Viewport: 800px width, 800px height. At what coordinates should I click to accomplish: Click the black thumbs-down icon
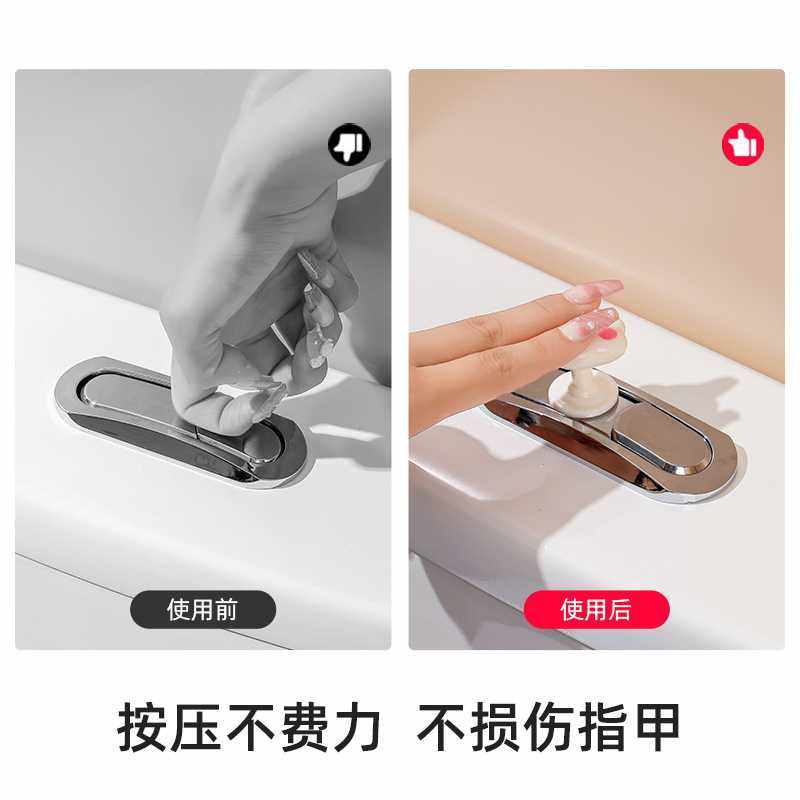(x=350, y=147)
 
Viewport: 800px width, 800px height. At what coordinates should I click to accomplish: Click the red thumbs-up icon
(x=743, y=146)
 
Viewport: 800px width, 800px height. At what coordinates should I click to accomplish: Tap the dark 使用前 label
(x=203, y=609)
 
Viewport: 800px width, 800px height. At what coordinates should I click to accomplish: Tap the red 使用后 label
(x=597, y=609)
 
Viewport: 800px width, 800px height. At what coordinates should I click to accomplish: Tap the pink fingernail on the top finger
(x=592, y=292)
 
